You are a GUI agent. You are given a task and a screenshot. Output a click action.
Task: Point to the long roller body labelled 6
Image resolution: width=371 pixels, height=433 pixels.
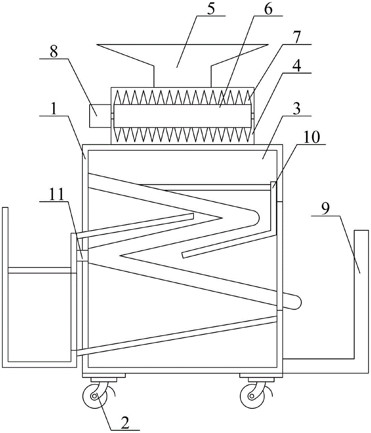pyautogui.click(x=182, y=116)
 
